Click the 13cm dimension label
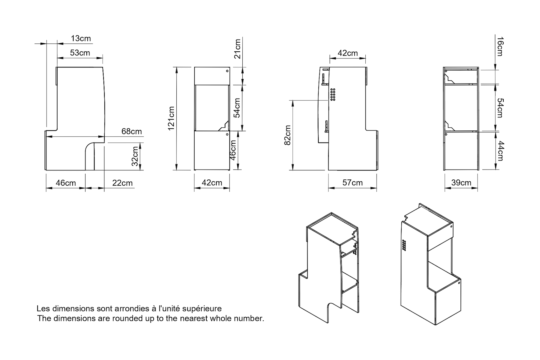pos(81,39)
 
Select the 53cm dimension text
pos(80,53)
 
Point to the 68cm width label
pos(131,131)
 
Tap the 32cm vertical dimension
pos(135,156)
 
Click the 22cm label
pos(122,183)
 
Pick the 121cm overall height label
pos(171,118)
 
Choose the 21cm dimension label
pos(237,49)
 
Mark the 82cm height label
pos(287,135)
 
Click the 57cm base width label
pos(352,183)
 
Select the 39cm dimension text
pos(461,183)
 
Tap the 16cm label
pos(500,46)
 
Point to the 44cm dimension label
pos(500,151)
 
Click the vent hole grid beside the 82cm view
pos(333,94)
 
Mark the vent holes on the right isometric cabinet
pos(404,245)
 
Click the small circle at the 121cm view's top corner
pos(227,71)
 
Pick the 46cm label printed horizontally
pos(66,183)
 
